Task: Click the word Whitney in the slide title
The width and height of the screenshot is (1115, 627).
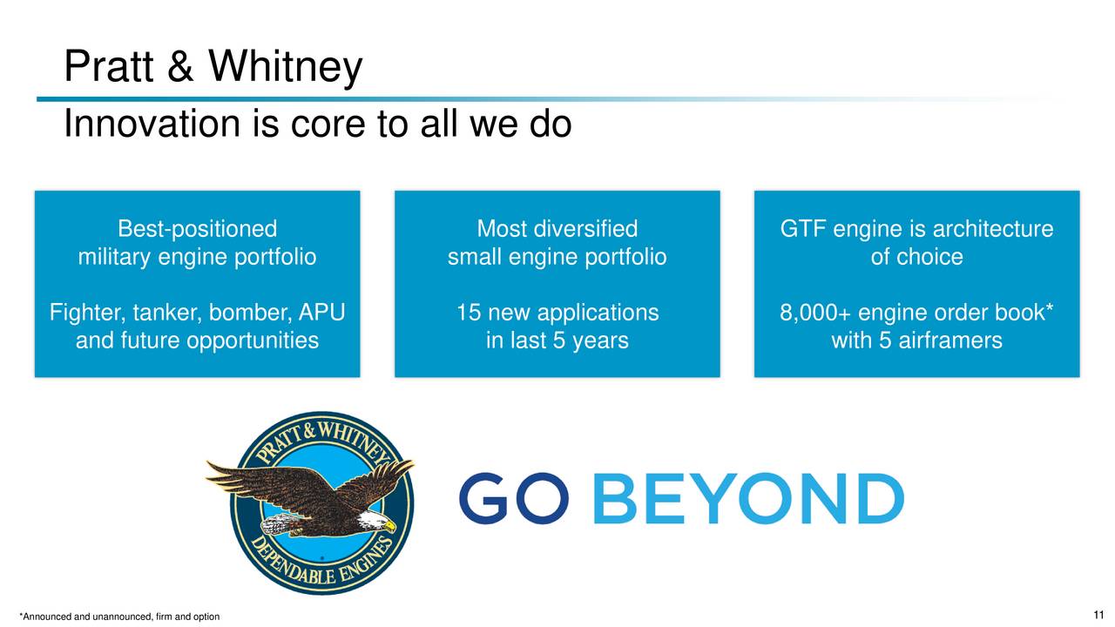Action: click(x=285, y=66)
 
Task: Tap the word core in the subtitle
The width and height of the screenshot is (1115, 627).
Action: click(x=328, y=124)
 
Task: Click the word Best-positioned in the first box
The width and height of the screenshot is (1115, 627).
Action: click(x=197, y=229)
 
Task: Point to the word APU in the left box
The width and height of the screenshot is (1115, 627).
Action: click(x=321, y=313)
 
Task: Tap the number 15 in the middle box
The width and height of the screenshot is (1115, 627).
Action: click(x=468, y=313)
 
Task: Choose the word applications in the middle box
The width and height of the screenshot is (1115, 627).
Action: click(x=598, y=313)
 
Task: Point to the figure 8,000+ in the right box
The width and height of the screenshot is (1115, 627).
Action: click(x=815, y=313)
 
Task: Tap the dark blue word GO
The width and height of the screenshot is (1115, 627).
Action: click(x=514, y=498)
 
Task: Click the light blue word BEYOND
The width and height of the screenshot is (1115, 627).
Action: click(x=748, y=498)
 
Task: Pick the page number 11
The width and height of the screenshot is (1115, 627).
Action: click(x=1098, y=615)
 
